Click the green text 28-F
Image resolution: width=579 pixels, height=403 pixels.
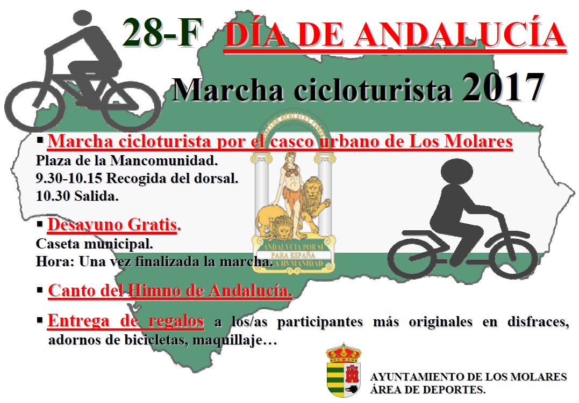coord(162,33)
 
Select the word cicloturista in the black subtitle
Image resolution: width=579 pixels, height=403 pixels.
coord(373,90)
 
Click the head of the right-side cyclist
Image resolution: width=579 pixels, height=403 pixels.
coord(456,174)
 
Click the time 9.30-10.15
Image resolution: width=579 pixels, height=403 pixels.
coord(69,179)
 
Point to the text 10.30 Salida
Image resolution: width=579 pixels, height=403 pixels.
coord(77,196)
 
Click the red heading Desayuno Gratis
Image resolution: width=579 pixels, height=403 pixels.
coord(114,224)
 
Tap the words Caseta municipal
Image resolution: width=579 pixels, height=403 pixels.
coord(94,244)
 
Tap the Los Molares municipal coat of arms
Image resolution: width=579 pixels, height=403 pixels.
coord(344,370)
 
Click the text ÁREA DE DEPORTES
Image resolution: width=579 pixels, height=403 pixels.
coord(427,390)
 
